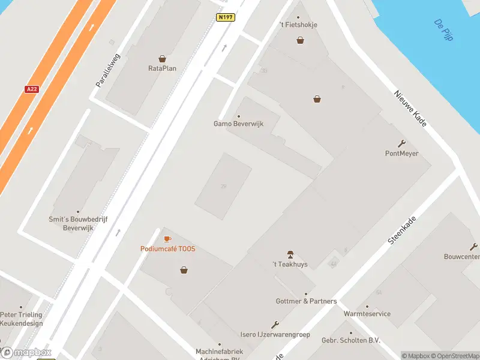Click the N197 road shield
coord(226,17)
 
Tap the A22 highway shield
coord(32,89)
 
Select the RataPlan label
coord(162,68)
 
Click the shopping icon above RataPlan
coord(162,59)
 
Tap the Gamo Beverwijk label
coord(239,124)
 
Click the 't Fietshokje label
coord(298,25)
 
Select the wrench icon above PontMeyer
coord(401,143)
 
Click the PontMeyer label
coord(401,154)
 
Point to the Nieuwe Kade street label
coord(410,109)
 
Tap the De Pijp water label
coord(443,29)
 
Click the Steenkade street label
coord(401,230)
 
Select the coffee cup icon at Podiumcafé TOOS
coord(167,239)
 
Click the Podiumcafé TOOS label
coord(168,249)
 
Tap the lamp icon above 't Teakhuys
coord(290,254)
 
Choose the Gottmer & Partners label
coord(306,301)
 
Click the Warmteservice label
coord(367,314)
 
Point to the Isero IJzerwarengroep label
coord(275,334)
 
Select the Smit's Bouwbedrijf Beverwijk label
coord(78,224)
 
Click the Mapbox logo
coord(26,353)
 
